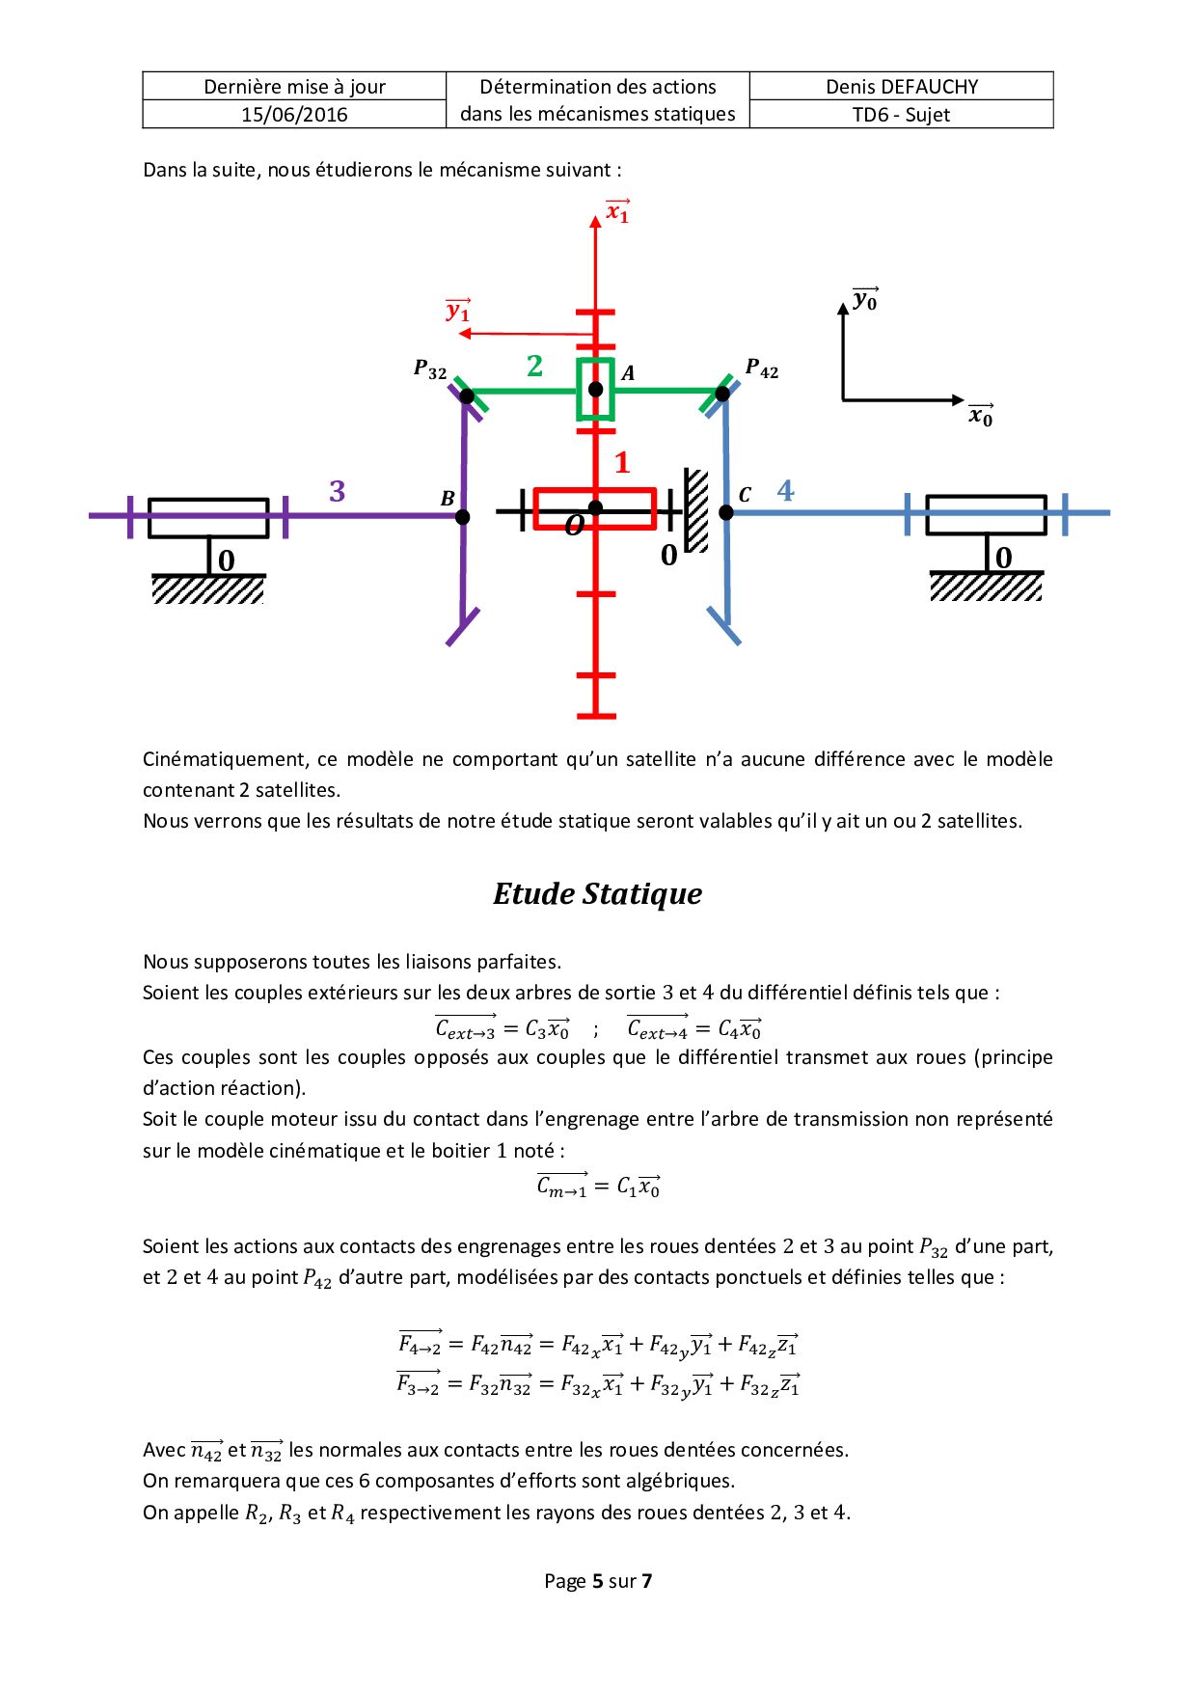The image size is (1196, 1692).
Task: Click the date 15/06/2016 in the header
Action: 294,115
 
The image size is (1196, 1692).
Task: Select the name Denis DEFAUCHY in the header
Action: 902,87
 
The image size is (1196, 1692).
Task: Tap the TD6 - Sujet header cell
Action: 901,115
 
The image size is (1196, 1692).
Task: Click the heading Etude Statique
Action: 597,893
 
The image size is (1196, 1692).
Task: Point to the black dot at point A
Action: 596,390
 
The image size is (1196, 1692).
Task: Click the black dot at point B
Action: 463,517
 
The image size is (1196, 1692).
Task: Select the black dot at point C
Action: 726,512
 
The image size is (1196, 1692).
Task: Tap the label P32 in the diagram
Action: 430,370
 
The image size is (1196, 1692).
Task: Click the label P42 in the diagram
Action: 761,368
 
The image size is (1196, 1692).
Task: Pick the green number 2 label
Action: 535,366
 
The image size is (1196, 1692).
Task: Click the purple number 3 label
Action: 337,491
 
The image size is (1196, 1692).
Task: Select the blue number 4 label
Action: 786,490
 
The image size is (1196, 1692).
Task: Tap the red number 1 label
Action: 622,462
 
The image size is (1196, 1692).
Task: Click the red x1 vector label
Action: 617,211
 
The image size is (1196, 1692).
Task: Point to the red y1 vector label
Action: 458,311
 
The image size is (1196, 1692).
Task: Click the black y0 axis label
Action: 865,300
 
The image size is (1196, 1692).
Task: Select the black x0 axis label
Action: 981,416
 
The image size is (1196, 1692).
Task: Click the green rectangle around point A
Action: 582,390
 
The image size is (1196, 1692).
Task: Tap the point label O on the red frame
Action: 574,525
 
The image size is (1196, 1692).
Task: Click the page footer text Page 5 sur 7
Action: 598,1581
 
